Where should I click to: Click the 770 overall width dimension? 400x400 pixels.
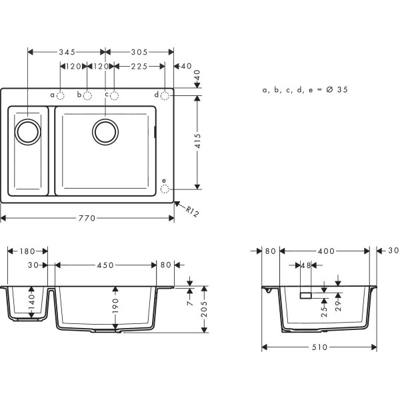(87, 218)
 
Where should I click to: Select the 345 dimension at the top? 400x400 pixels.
(66, 51)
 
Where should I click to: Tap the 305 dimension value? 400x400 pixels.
(139, 51)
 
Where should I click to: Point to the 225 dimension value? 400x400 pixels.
(139, 66)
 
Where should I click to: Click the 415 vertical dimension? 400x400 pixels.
(197, 141)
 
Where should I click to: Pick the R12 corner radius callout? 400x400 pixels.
(193, 212)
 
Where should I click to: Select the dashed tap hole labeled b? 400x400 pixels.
(87, 95)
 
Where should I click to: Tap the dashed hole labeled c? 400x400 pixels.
(114, 95)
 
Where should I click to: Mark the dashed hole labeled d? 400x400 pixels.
(165, 95)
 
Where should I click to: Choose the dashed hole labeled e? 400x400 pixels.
(165, 188)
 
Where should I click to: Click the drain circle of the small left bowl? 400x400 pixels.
(28, 131)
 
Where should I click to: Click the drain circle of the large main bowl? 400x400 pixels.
(105, 131)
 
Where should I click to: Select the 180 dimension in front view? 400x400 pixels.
(27, 251)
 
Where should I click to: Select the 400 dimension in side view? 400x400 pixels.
(325, 251)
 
